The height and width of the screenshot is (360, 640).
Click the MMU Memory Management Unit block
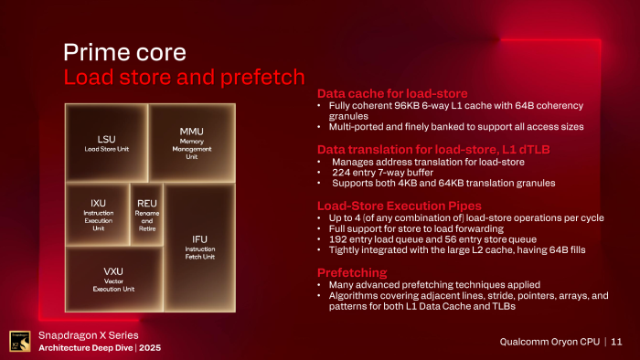[x=191, y=142]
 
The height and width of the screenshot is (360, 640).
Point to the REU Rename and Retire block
[x=147, y=214]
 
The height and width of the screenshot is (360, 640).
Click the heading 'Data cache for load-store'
[x=392, y=94]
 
